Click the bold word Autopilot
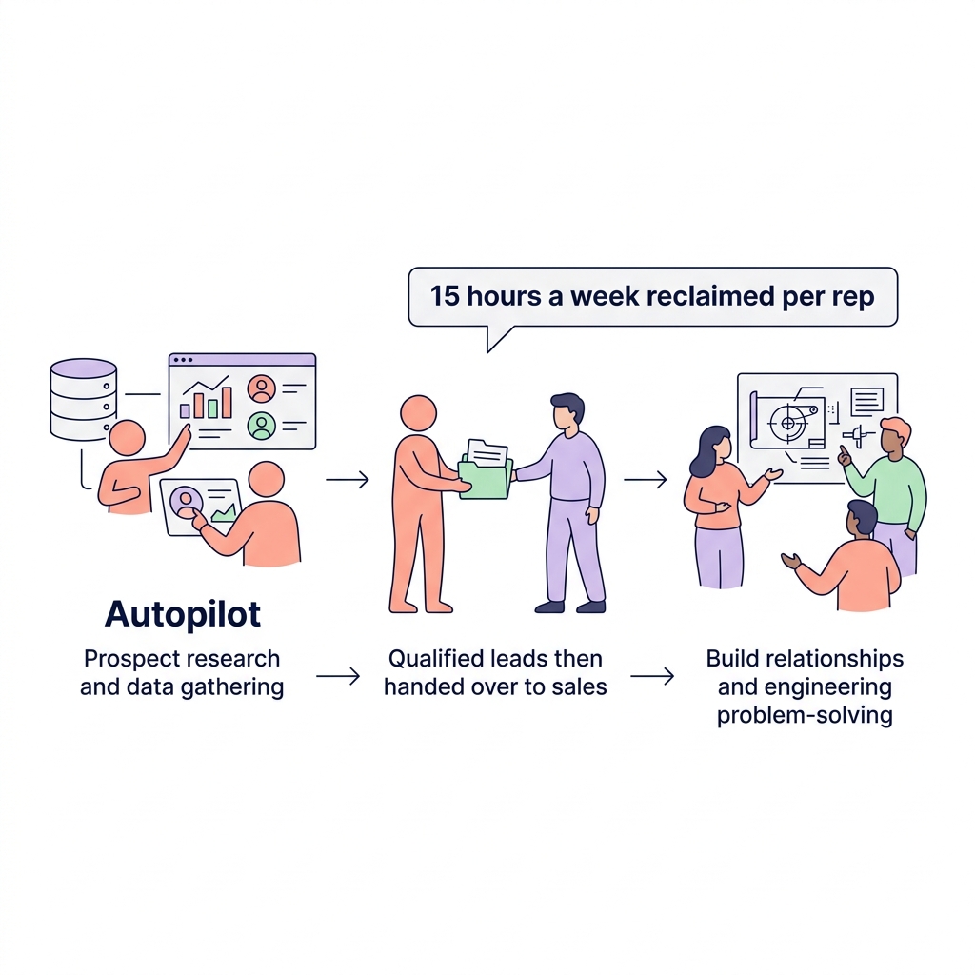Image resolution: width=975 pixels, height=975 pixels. point(183,614)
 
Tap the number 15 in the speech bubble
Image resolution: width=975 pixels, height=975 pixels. point(445,296)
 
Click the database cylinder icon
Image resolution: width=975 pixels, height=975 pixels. point(83,399)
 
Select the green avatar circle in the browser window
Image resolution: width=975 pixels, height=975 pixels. point(261,425)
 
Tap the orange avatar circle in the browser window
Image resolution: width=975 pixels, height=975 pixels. point(261,388)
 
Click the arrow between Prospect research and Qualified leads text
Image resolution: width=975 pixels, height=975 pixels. point(338,676)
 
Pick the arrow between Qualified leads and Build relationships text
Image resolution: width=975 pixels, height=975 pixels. point(652,676)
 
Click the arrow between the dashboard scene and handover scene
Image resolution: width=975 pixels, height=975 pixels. point(348,479)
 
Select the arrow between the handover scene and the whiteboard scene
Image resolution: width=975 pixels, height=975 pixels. point(645,479)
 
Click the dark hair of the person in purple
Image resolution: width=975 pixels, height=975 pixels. point(567,405)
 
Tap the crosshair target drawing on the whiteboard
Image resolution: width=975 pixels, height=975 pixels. point(786,421)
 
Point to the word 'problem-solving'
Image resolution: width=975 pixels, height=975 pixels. point(805,715)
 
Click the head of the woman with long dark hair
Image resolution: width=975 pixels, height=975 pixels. point(710,445)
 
